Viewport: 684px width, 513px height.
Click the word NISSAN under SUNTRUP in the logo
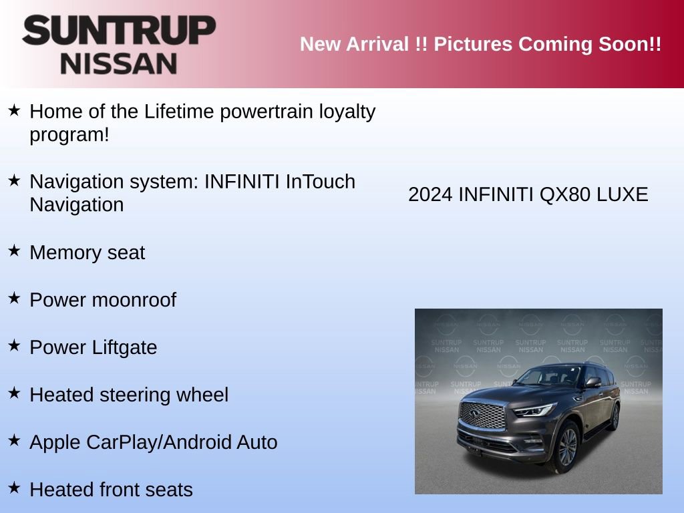pyautogui.click(x=119, y=63)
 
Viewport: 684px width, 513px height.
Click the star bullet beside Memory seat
pyautogui.click(x=14, y=250)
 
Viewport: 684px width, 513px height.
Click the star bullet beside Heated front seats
pyautogui.click(x=14, y=488)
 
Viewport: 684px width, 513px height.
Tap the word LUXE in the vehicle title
pyautogui.click(x=623, y=195)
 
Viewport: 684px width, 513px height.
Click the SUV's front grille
pyautogui.click(x=482, y=416)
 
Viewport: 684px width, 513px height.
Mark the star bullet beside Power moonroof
pyautogui.click(x=14, y=298)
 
